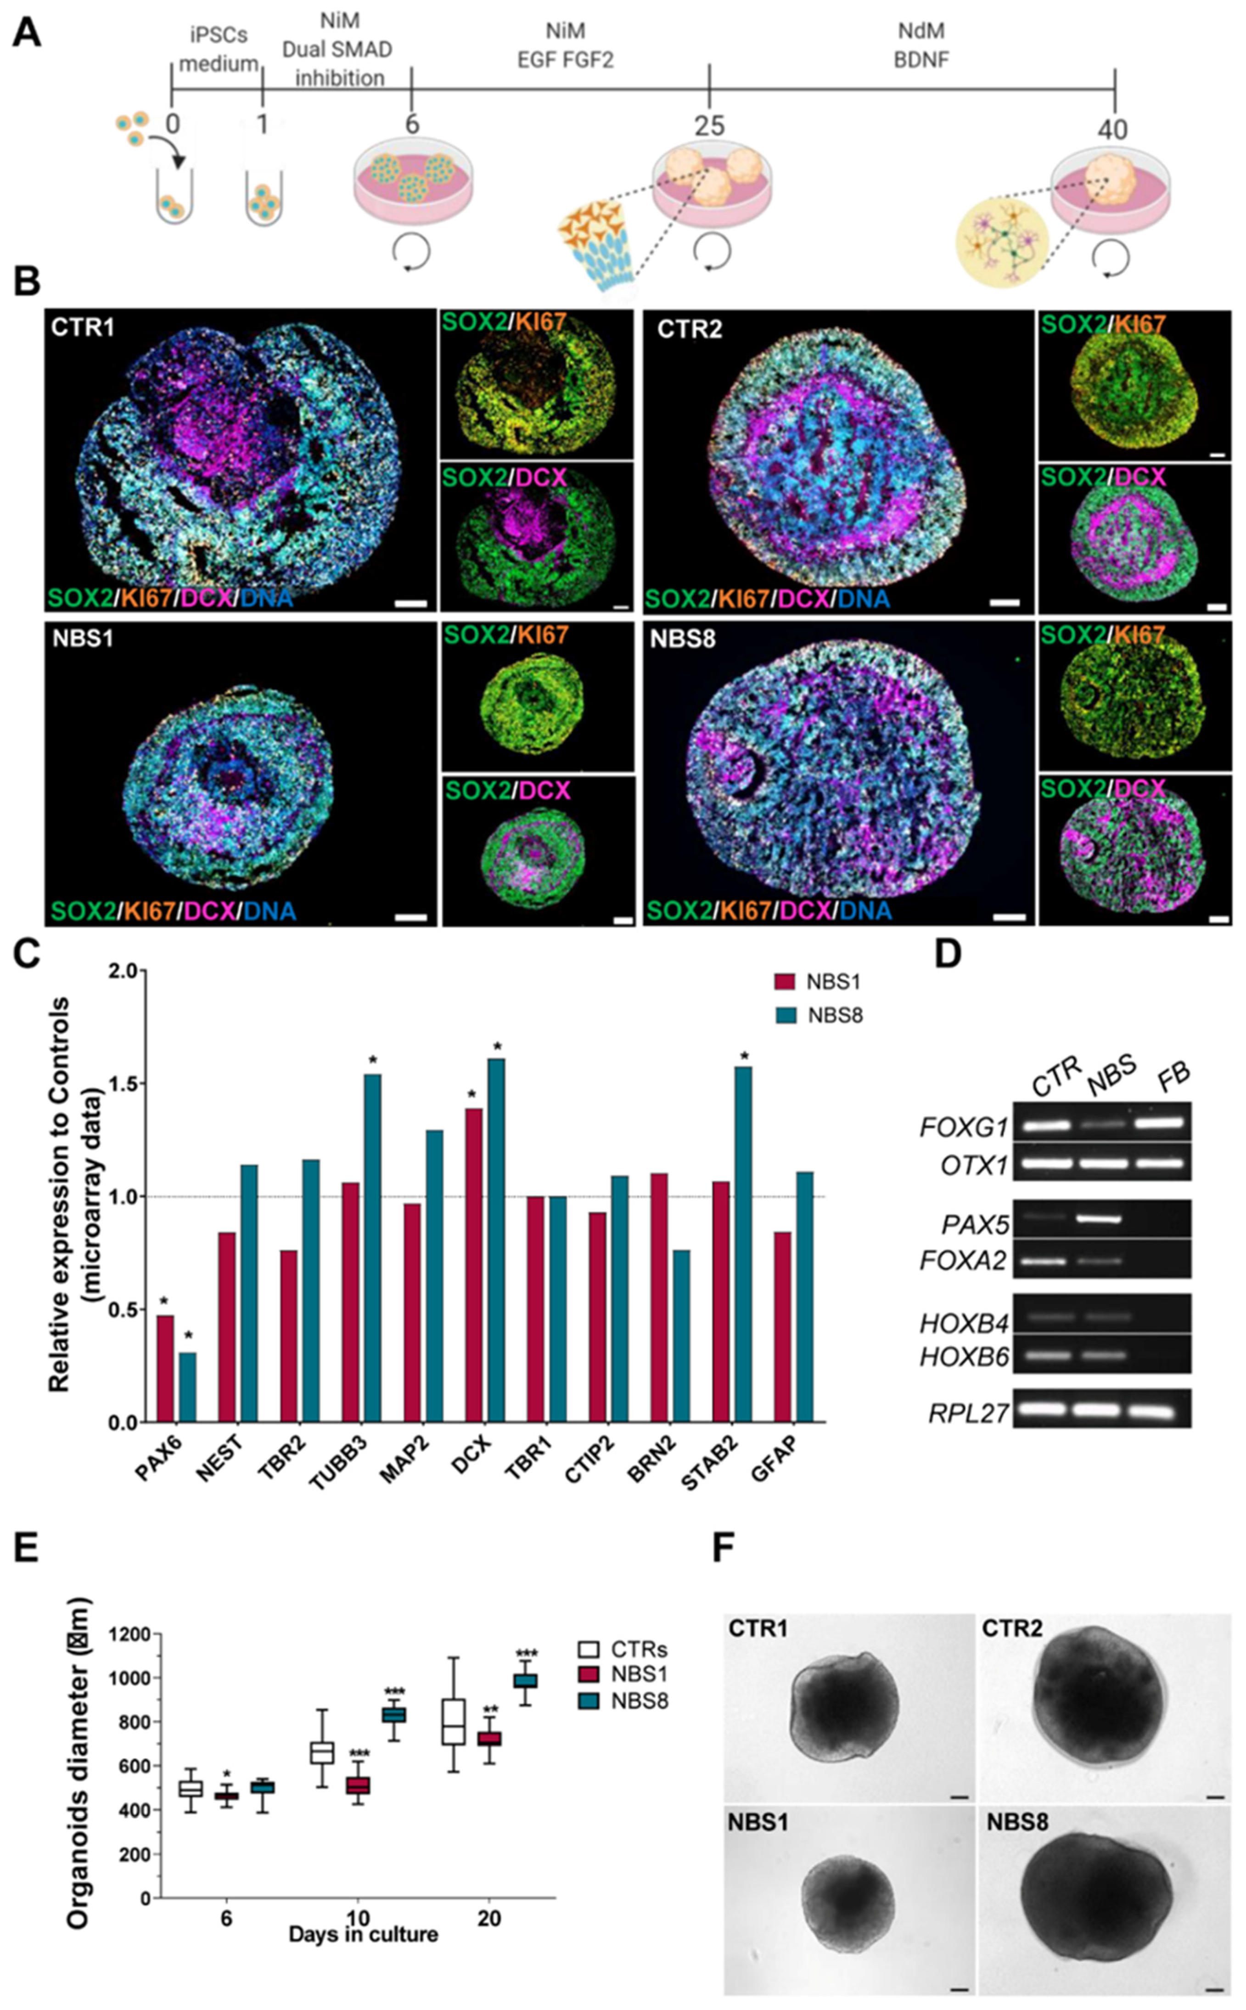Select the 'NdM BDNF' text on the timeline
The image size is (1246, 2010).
point(921,45)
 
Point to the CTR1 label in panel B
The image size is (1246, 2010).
point(82,327)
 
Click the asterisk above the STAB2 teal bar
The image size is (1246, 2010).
point(744,1057)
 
